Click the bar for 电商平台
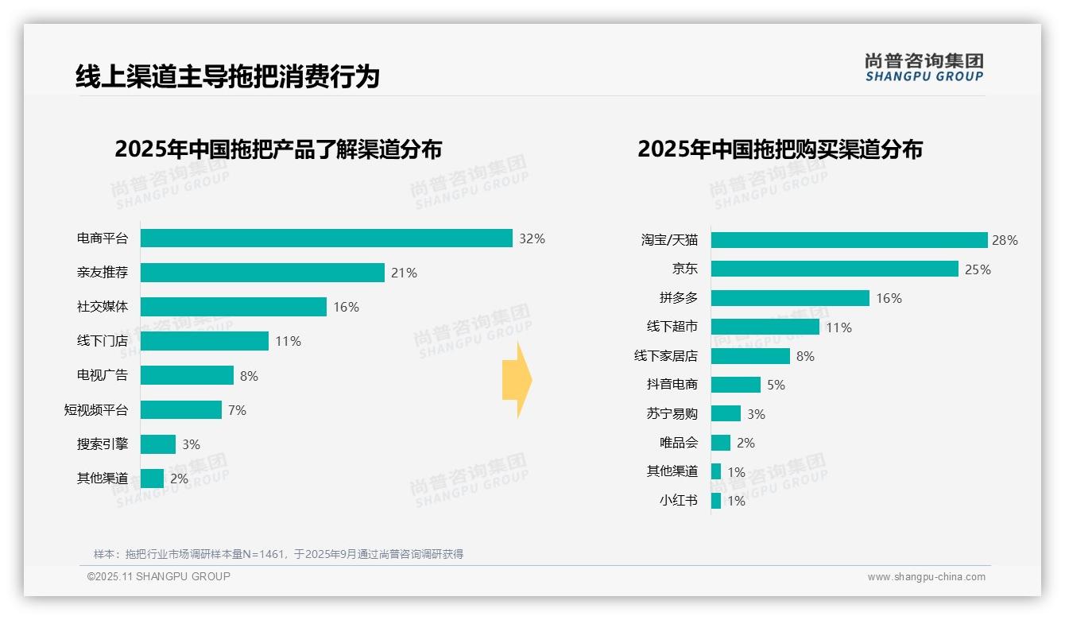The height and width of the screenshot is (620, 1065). coord(326,238)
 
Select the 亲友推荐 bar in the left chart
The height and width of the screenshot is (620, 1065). coord(262,273)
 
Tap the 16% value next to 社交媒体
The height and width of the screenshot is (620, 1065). coord(346,307)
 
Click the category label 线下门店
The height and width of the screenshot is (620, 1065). coord(102,341)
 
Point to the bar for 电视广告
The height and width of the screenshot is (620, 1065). coord(187,375)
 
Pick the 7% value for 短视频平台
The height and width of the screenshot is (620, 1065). coord(237,410)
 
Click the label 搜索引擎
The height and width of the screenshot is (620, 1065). coord(102,444)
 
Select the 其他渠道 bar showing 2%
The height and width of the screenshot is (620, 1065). coord(152,479)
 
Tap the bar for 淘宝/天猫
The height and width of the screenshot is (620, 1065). coord(849,240)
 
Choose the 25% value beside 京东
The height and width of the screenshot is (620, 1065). coord(978,269)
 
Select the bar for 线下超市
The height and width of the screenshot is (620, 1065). coord(765,327)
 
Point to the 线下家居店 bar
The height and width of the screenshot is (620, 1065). coord(750,356)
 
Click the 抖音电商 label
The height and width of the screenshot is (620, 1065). coord(672,385)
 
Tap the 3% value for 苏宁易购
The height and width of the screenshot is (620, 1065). coord(756,414)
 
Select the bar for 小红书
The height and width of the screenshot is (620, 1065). coord(716,501)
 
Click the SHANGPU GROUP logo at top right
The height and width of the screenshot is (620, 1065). coord(924,68)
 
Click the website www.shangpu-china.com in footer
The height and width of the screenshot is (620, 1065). coord(926,577)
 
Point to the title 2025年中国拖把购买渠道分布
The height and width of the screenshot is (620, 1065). coord(779,149)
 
